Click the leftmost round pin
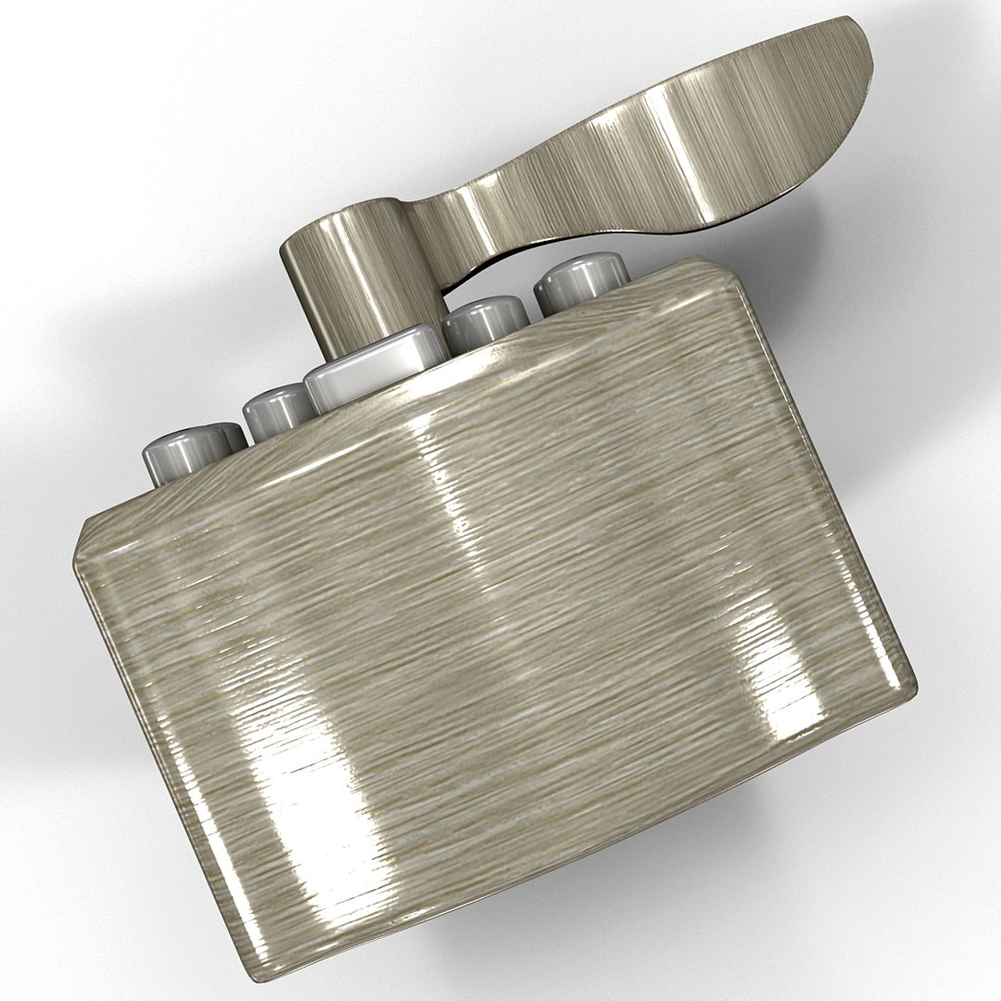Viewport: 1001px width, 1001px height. coord(191,452)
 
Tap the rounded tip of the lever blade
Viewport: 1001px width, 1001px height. coord(853,46)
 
